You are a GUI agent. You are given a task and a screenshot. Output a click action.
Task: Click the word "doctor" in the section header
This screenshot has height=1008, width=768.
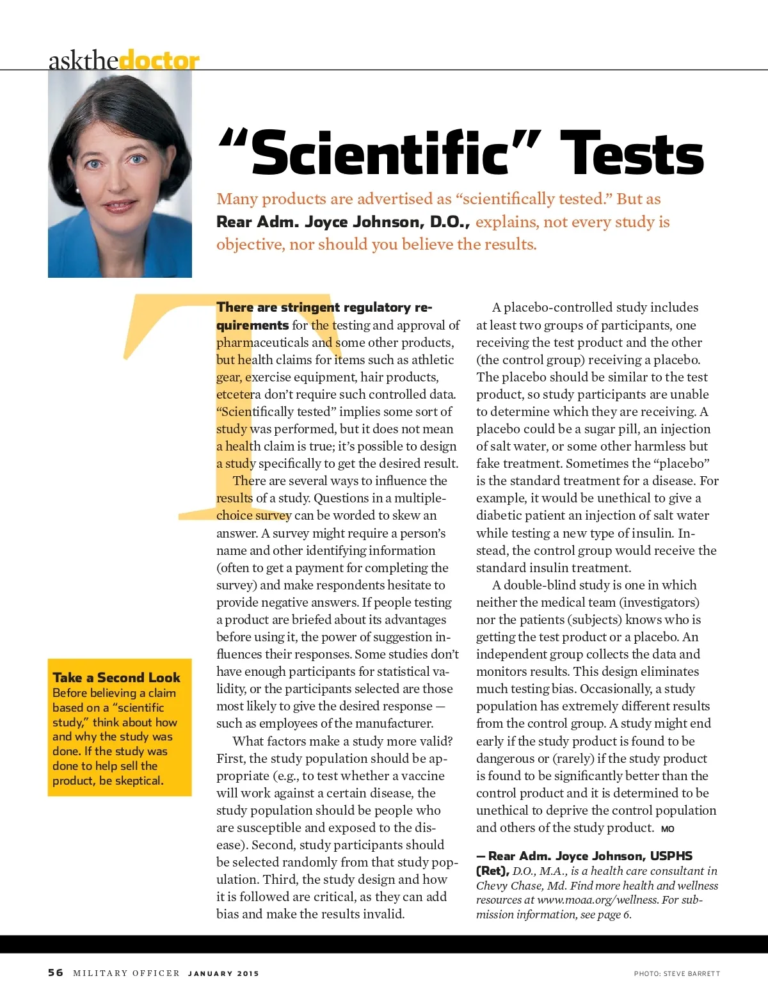(159, 61)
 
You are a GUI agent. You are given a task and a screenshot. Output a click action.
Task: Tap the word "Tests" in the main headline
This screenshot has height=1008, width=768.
(632, 154)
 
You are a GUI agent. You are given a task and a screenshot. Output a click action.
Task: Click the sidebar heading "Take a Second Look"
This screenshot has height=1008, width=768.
(116, 677)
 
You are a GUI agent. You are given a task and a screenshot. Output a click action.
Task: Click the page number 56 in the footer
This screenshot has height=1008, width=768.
(56, 972)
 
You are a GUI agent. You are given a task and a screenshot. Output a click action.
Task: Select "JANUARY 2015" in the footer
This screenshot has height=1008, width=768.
(223, 973)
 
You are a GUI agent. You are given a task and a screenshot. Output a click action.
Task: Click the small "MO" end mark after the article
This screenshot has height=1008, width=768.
(668, 829)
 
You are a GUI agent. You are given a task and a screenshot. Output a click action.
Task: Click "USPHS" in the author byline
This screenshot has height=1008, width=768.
(671, 856)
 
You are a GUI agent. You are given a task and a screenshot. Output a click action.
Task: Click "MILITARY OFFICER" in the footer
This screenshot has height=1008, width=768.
(126, 973)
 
